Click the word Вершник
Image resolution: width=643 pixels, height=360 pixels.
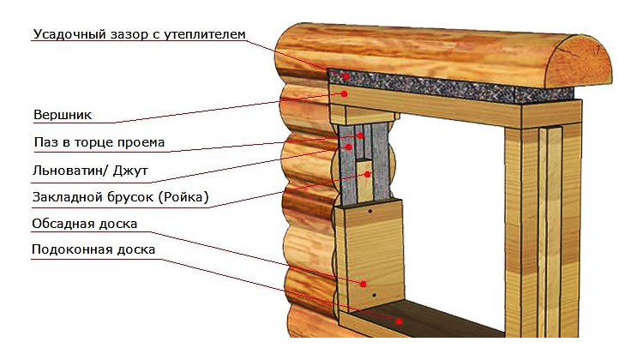click(63, 114)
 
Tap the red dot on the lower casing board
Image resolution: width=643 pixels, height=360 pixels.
click(364, 282)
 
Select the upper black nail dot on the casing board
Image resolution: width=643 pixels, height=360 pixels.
click(370, 208)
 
